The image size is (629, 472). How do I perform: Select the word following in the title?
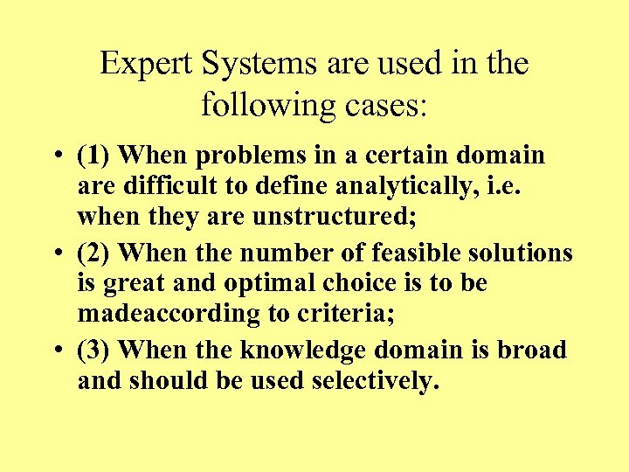click(258, 107)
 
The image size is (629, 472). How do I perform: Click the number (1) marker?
click(93, 156)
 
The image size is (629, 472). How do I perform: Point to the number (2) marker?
click(93, 253)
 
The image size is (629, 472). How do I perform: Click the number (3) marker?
click(93, 351)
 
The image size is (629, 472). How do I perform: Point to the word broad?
click(532, 351)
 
